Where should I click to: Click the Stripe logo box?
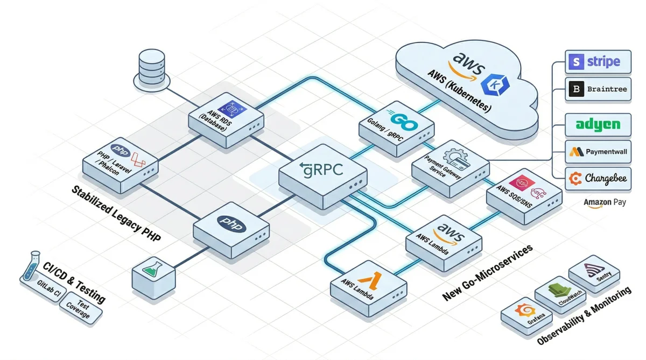point(598,62)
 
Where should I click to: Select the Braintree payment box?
point(598,89)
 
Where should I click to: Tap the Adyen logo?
point(598,125)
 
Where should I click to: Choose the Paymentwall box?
point(598,152)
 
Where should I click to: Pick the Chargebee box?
point(598,179)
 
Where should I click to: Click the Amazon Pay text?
point(605,202)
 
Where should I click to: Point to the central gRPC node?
point(323,175)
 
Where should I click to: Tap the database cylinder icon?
point(151,67)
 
